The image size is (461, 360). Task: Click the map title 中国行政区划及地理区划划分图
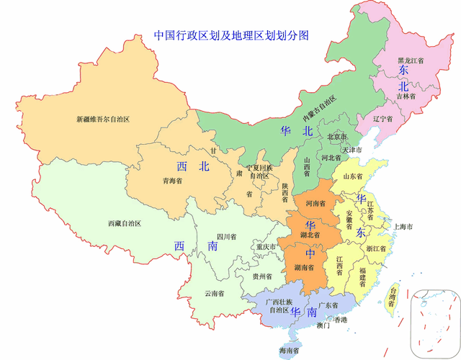231,35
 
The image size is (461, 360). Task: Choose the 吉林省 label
406,95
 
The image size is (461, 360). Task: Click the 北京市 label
337,137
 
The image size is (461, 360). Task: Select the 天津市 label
352,150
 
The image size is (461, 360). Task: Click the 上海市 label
402,228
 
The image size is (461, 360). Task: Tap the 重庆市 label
266,247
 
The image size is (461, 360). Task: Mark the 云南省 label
214,293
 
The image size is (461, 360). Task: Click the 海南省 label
290,351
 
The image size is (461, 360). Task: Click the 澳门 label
323,326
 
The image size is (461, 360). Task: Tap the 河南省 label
317,204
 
